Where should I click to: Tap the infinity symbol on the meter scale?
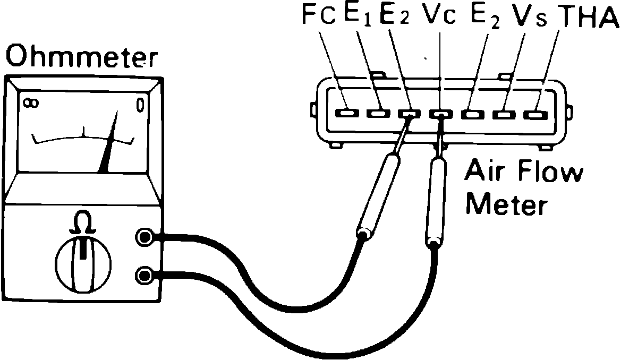tap(30, 103)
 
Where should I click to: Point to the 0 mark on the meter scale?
tap(140, 105)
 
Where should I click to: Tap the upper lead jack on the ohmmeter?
tap(144, 237)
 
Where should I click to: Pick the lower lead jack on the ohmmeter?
tap(144, 275)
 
